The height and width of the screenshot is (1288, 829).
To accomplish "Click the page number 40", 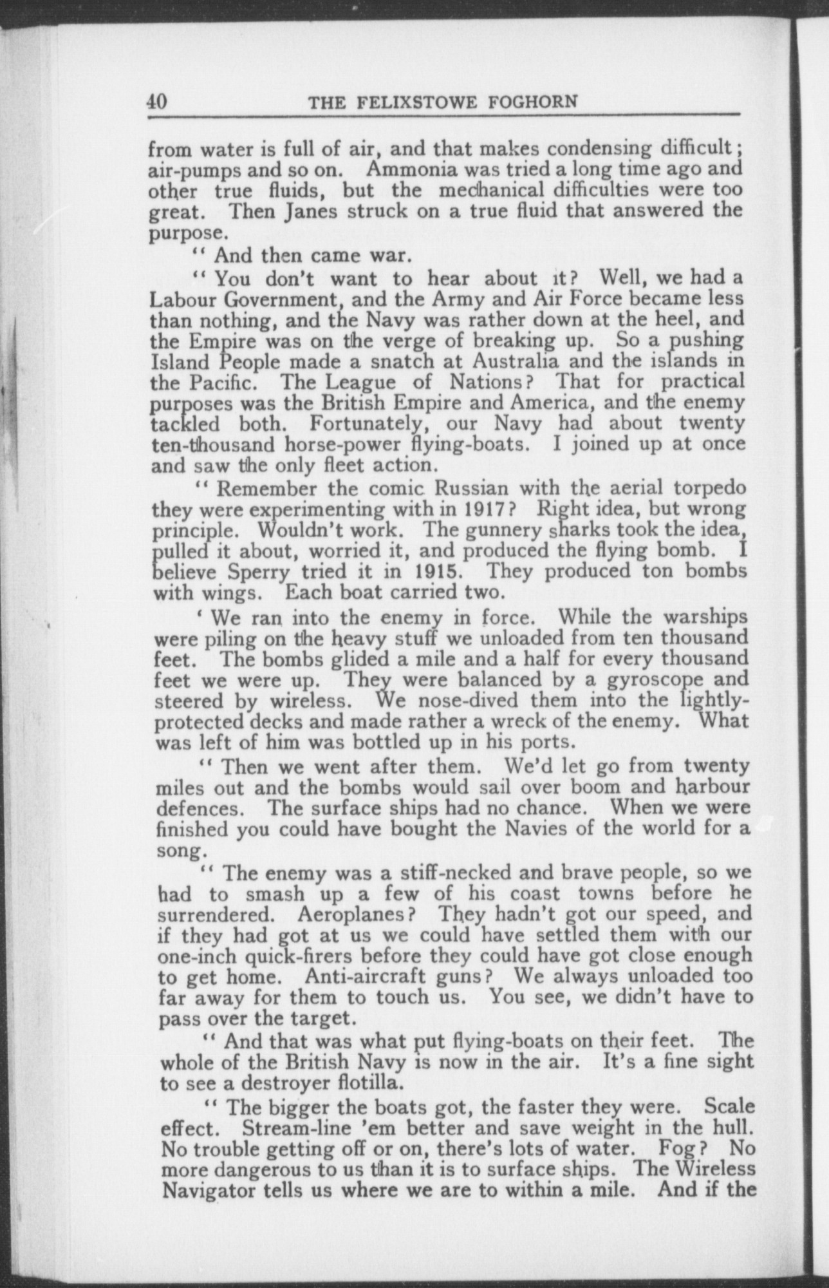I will tap(158, 102).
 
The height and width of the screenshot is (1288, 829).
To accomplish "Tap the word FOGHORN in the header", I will tap(536, 103).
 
